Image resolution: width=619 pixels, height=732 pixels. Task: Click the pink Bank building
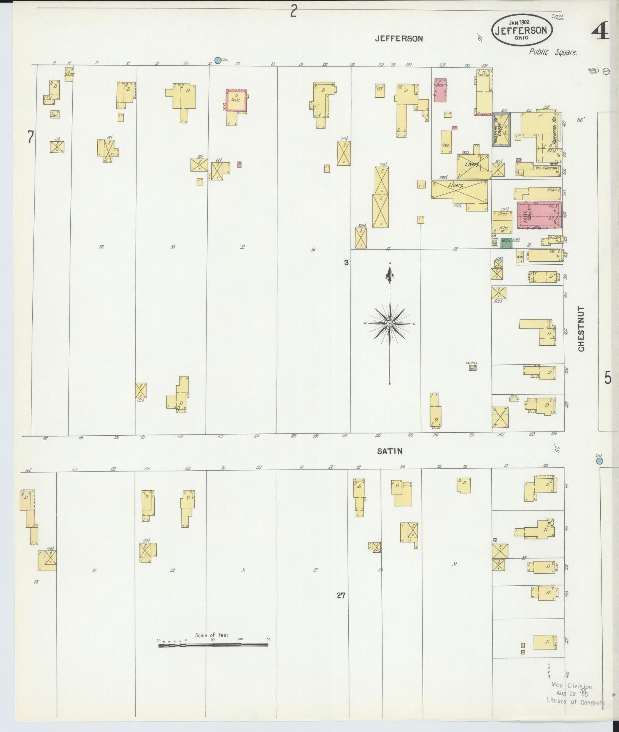tap(440, 90)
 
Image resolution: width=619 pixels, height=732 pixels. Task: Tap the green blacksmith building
tap(506, 243)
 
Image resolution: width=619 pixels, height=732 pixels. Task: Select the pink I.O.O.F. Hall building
tap(539, 215)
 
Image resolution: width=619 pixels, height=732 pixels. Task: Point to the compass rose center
tap(390, 324)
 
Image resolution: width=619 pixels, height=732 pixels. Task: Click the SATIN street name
tap(389, 451)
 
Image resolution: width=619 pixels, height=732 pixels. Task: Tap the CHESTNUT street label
tap(581, 329)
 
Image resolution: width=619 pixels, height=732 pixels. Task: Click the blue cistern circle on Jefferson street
tap(217, 60)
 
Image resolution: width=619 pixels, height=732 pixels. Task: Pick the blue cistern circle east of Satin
tap(600, 461)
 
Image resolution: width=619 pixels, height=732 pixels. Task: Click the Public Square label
tap(553, 52)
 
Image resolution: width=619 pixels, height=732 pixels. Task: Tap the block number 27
tap(341, 596)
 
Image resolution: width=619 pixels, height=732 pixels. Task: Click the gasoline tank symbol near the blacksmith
tap(495, 242)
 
